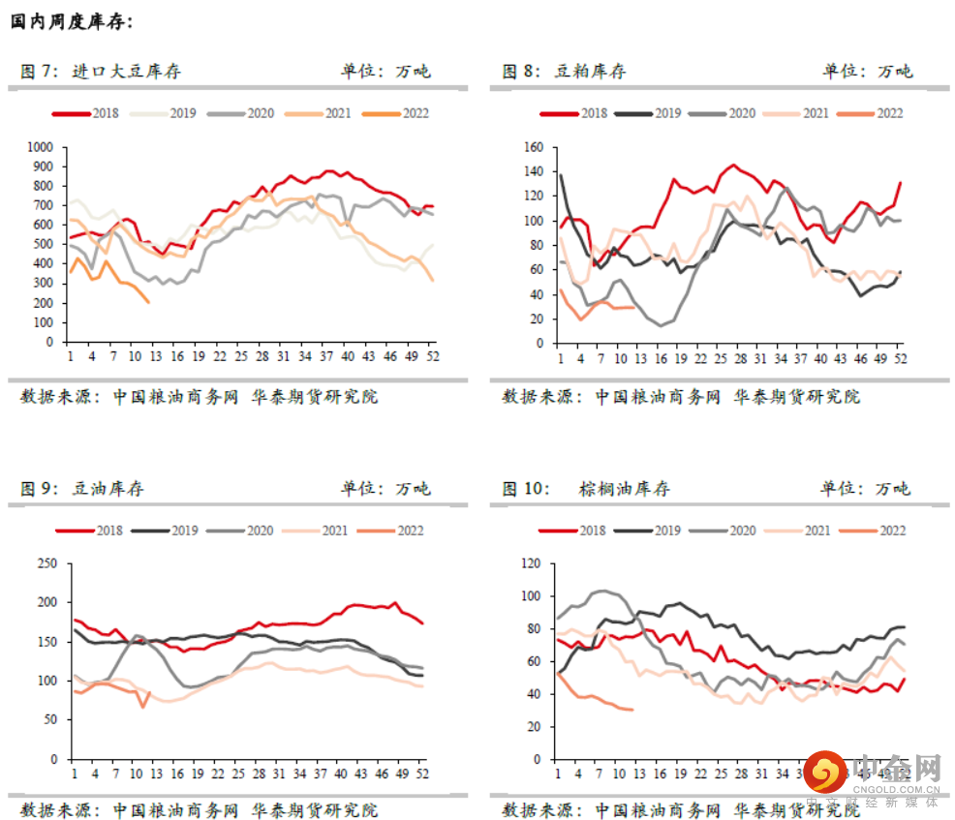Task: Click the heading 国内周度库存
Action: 73,20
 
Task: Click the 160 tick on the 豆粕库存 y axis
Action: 534,147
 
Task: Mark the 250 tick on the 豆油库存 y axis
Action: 47,563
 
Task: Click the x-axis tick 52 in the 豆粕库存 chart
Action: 901,357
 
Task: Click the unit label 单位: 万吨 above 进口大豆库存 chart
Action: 385,71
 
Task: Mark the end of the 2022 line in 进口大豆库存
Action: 148,302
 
